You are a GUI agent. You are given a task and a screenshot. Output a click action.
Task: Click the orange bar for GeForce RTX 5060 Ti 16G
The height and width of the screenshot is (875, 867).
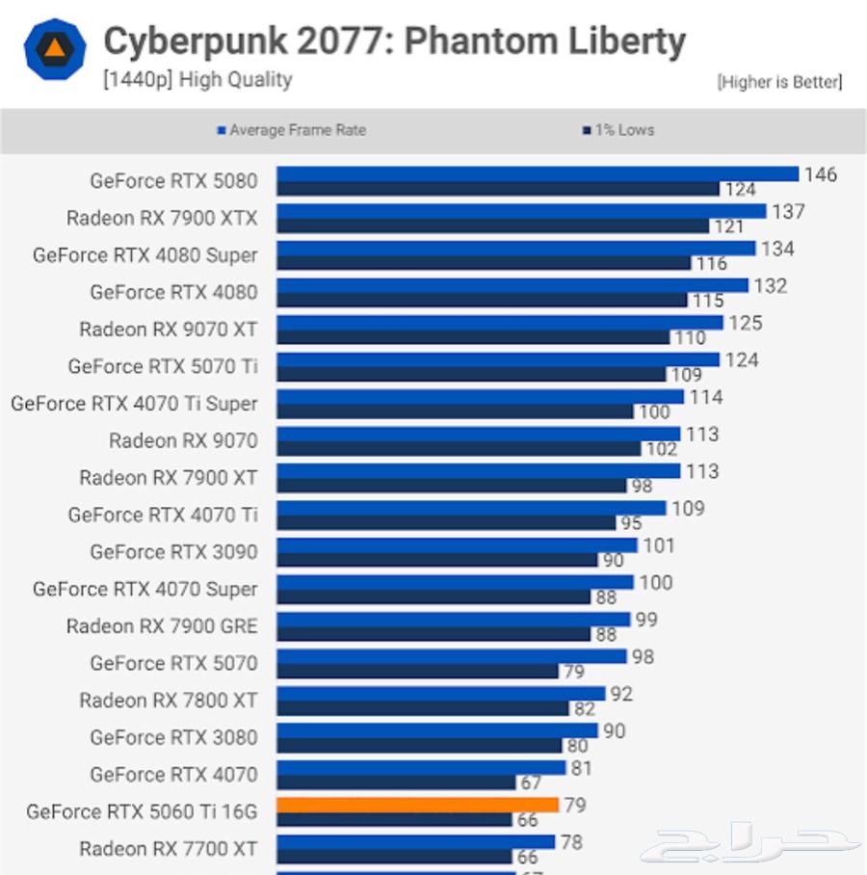(x=417, y=805)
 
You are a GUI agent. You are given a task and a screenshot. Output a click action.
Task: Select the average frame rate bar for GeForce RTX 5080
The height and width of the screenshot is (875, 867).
(x=538, y=173)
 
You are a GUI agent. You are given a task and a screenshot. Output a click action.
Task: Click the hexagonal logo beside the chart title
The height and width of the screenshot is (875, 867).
(x=55, y=48)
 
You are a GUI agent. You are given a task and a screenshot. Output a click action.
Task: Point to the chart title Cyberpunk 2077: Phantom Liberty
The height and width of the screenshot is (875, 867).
(x=394, y=41)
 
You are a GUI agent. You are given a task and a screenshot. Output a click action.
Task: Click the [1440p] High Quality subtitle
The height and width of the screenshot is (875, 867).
(x=197, y=80)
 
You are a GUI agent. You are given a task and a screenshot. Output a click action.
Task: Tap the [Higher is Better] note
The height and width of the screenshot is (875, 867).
(x=779, y=82)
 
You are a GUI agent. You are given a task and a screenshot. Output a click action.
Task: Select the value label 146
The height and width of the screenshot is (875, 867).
(x=820, y=174)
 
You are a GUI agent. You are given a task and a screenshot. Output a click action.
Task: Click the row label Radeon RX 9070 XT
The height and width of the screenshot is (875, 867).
(x=169, y=330)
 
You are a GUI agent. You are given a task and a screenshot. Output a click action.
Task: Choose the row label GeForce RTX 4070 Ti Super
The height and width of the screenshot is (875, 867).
(x=134, y=404)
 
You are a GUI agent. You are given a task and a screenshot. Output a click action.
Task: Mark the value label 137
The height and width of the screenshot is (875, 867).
(x=788, y=211)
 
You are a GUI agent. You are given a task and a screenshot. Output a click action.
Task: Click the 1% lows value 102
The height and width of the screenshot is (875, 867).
(x=661, y=449)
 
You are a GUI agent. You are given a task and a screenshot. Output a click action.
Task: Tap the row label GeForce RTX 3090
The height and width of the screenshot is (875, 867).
(x=173, y=552)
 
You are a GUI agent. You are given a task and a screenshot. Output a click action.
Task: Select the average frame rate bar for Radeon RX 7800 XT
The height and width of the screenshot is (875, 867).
(x=440, y=693)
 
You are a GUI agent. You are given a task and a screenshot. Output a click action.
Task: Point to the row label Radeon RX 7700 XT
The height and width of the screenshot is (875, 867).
(x=169, y=849)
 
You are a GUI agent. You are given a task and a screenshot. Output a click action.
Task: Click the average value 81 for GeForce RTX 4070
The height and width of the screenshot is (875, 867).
(x=581, y=768)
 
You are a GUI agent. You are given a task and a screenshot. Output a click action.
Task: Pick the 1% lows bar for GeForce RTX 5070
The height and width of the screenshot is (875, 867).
(x=417, y=671)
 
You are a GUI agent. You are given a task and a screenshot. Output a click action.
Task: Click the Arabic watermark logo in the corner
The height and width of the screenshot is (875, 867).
(x=750, y=847)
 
